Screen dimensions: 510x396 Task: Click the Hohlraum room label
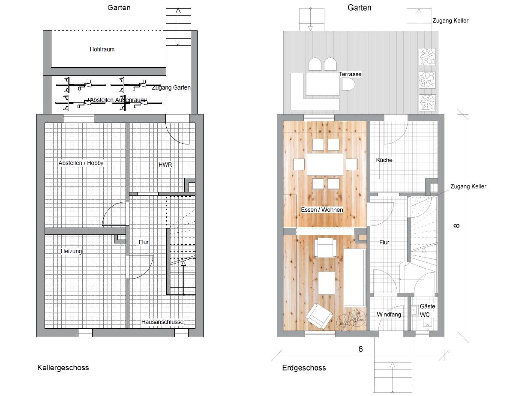[102, 49]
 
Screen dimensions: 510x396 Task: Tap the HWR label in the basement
[165, 165]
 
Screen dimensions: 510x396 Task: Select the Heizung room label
[71, 251]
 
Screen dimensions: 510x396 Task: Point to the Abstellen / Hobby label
[81, 163]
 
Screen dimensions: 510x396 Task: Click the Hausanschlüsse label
[162, 322]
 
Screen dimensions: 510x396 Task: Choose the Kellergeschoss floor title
[63, 368]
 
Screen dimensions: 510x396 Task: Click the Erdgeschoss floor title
[304, 368]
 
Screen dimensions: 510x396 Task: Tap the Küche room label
[384, 160]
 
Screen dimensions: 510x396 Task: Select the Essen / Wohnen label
[322, 210]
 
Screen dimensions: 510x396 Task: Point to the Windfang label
[389, 315]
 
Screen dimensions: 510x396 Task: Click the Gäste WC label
[426, 310]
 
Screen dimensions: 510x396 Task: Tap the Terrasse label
[350, 74]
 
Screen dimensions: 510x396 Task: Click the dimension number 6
[360, 349]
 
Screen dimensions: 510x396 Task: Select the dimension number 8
[457, 225]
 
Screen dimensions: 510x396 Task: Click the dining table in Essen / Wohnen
[325, 164]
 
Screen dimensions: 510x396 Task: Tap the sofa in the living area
[355, 278]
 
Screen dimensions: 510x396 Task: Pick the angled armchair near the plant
[319, 316]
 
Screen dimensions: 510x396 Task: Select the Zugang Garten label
[171, 87]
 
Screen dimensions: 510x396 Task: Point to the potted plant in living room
[351, 320]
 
